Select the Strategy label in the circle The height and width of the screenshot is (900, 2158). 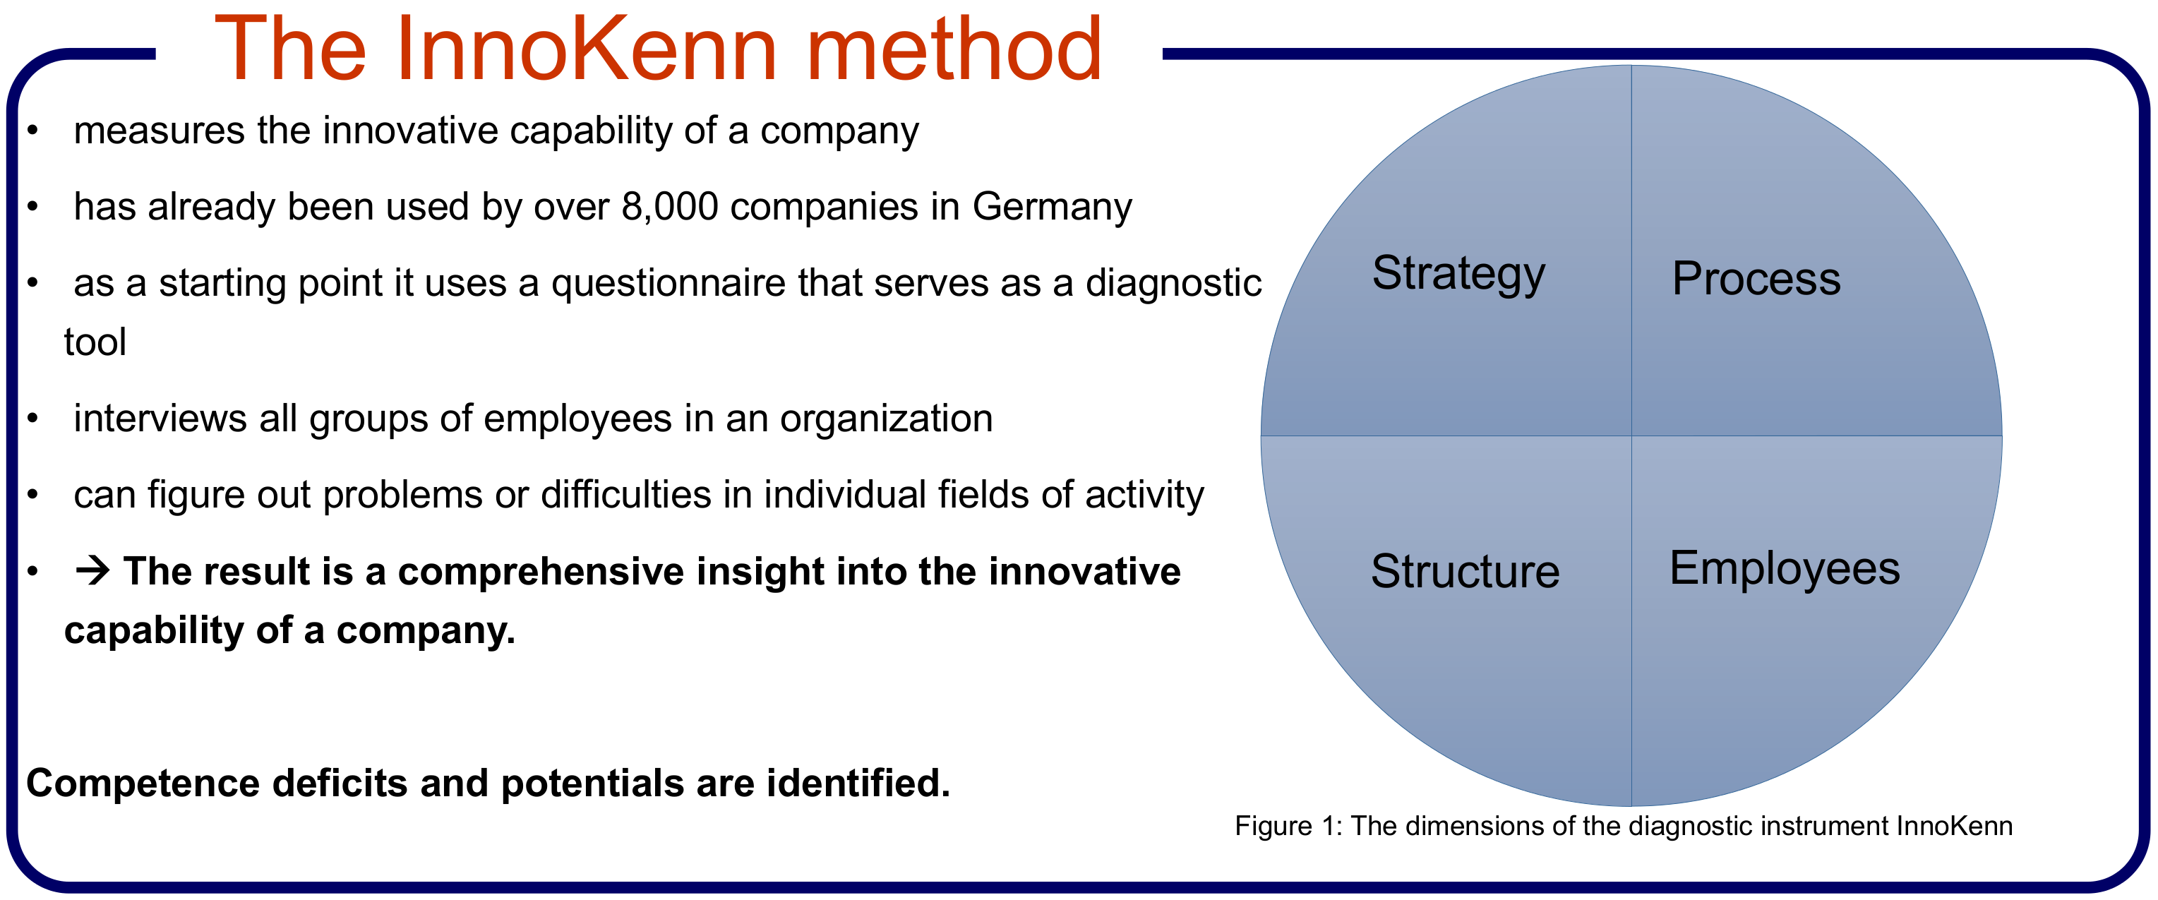point(1458,274)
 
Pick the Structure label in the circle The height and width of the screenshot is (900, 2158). point(1465,572)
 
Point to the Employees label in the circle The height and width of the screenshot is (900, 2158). point(1785,570)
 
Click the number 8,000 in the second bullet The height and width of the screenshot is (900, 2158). point(669,207)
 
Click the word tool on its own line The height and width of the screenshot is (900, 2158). point(95,342)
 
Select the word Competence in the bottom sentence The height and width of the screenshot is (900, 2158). point(143,784)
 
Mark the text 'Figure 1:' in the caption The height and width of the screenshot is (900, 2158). point(1288,827)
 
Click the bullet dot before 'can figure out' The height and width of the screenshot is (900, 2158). point(32,494)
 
